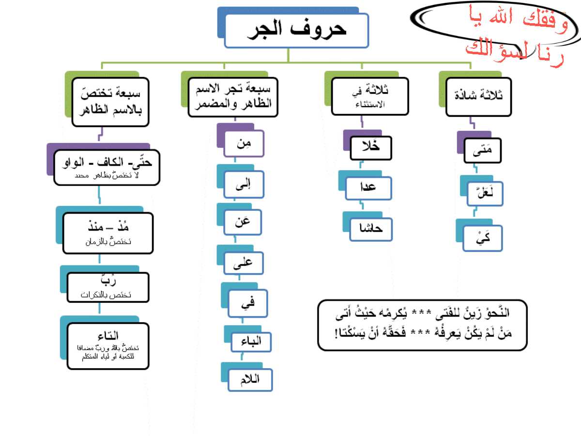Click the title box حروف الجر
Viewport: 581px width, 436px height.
296,31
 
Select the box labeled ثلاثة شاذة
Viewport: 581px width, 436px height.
478,96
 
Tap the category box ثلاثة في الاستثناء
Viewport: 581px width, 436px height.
369,96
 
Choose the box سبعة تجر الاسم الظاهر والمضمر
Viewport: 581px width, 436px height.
233,97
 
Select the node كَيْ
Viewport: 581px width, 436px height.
482,238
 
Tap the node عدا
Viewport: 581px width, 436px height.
368,188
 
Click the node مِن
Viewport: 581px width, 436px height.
244,143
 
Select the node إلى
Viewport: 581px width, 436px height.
244,184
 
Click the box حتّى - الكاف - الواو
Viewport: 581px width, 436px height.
107,167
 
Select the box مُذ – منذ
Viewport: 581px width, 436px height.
107,233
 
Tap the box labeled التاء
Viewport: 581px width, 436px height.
107,346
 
